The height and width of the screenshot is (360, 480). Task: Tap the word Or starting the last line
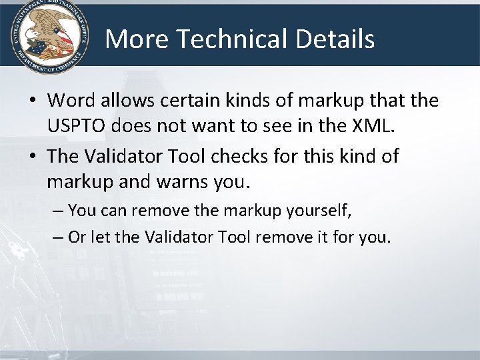pos(76,238)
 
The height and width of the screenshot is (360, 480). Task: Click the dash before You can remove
pos(57,212)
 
